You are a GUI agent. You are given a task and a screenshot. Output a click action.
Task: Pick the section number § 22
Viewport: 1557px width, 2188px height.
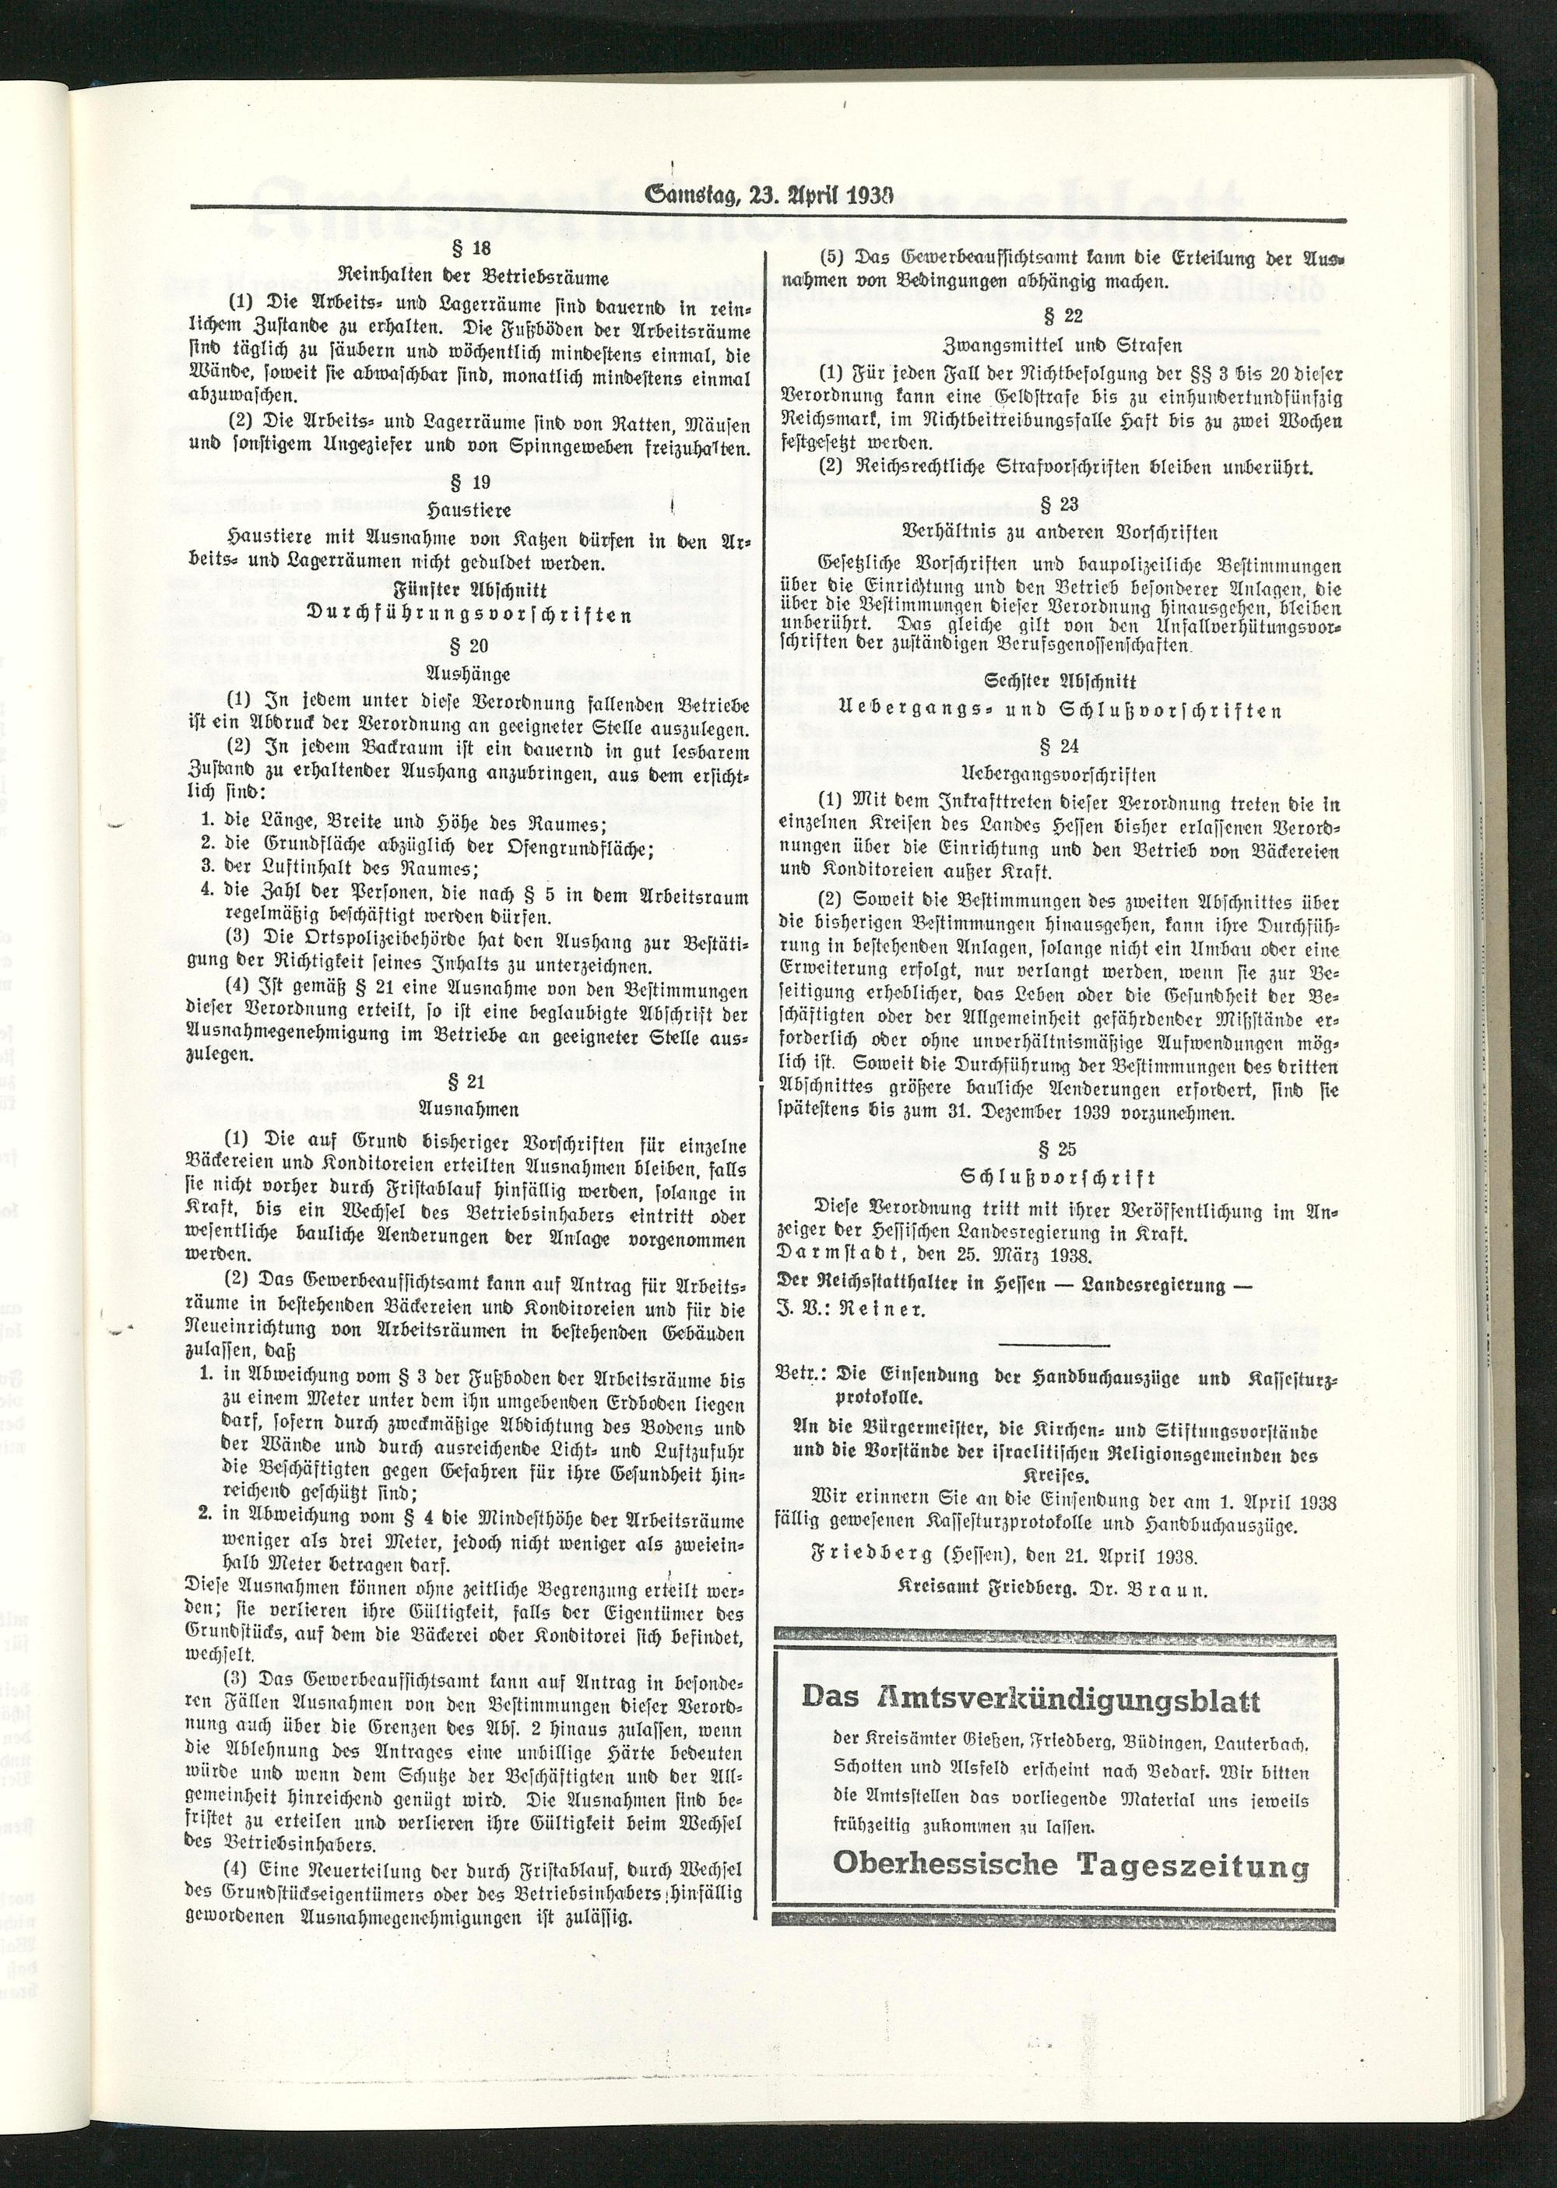coord(1060,315)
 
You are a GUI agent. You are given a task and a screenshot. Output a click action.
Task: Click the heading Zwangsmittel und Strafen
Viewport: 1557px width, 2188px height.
coord(1060,344)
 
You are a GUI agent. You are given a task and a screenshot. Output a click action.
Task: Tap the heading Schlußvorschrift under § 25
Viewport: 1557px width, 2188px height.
coord(1060,1177)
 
